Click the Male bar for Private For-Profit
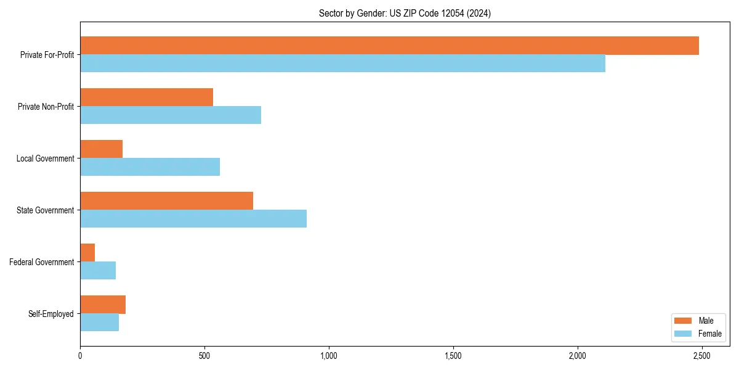(389, 46)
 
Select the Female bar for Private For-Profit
(342, 64)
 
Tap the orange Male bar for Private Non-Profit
(147, 97)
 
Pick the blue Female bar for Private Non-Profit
(171, 115)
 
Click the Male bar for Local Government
(101, 149)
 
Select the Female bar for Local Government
(150, 167)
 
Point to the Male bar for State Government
(166, 201)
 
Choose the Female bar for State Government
(193, 219)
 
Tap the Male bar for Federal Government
(87, 253)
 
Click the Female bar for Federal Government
(98, 271)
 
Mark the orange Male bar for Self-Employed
(103, 305)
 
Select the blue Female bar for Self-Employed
(99, 323)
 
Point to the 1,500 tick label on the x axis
(453, 356)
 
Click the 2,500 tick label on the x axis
(701, 356)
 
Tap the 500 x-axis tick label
(204, 356)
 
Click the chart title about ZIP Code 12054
(405, 13)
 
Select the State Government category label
(45, 210)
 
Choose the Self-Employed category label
(50, 314)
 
